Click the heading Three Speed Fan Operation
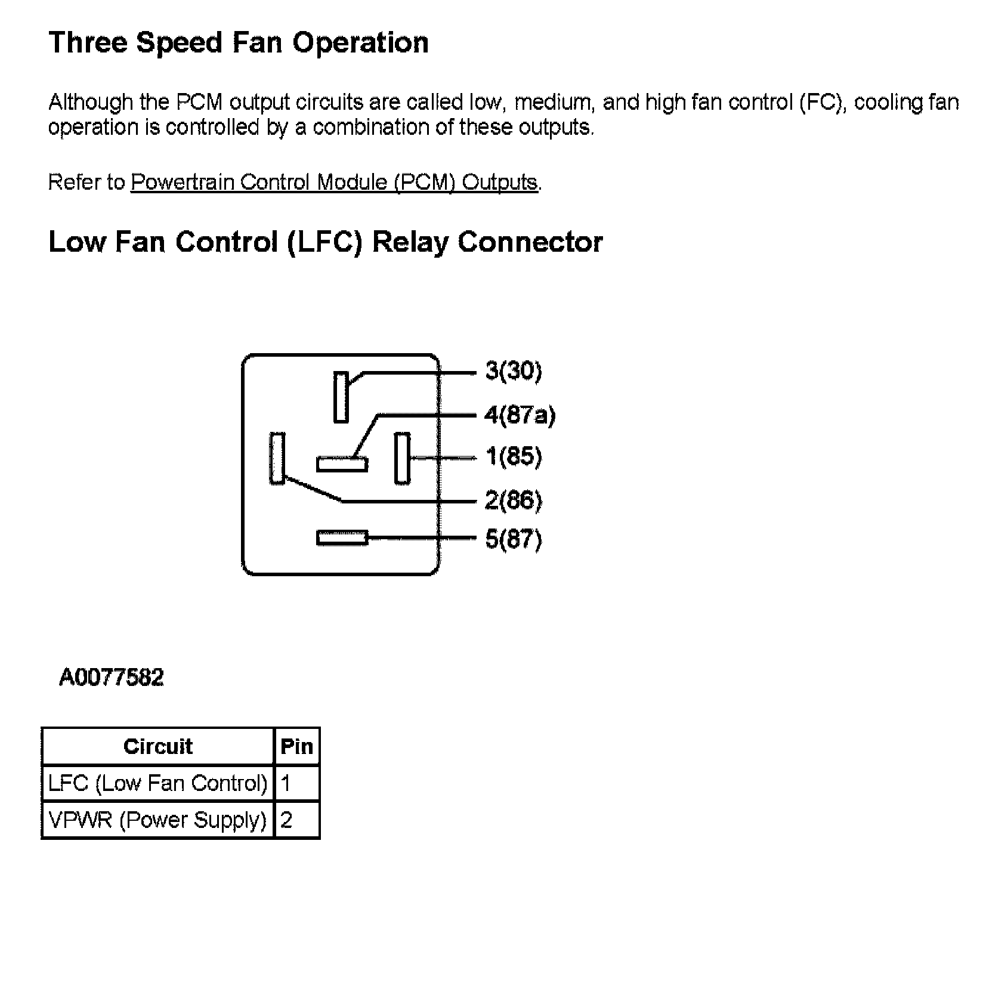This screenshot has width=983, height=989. point(238,43)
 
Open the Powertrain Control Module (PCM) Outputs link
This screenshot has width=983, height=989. point(334,182)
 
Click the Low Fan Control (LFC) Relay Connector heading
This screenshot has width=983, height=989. point(325,242)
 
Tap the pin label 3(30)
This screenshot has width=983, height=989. point(514,371)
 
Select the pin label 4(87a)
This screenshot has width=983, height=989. point(520,415)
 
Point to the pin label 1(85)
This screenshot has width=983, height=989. point(514,457)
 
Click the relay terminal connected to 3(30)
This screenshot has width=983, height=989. point(341,397)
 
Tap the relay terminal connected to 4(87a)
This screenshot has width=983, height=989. point(342,463)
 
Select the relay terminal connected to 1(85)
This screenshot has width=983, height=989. point(402,458)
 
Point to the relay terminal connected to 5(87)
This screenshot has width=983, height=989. point(342,538)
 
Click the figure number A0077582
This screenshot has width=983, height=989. point(112,678)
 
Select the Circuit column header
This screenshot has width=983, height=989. point(158,747)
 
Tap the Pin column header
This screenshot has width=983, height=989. point(296,747)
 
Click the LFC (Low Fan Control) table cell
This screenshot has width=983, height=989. point(158,783)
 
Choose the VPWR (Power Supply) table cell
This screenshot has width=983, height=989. point(158,820)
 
